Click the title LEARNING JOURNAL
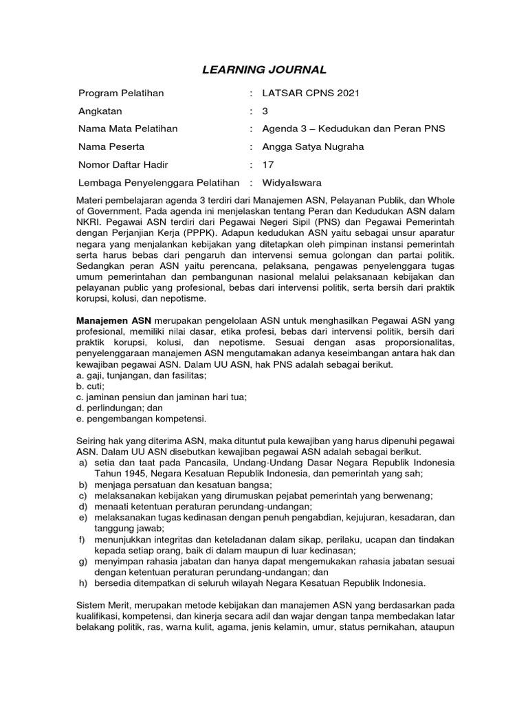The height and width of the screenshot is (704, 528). point(264,69)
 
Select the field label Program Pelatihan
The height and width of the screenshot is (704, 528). point(121,93)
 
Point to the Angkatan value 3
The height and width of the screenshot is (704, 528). point(265,111)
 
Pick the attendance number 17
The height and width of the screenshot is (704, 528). point(268,164)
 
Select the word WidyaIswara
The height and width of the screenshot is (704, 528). point(292,182)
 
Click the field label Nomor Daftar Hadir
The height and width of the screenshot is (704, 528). point(123,164)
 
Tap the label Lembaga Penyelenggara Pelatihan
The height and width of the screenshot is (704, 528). point(159,182)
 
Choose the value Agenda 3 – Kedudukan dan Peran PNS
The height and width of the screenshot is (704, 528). point(353,129)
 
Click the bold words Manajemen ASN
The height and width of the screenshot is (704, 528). point(113,321)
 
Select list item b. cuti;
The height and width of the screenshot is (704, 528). point(90,386)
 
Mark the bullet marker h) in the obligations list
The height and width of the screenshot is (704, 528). point(82,584)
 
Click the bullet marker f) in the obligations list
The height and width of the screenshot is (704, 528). point(82,540)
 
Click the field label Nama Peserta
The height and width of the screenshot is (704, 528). point(111,146)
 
